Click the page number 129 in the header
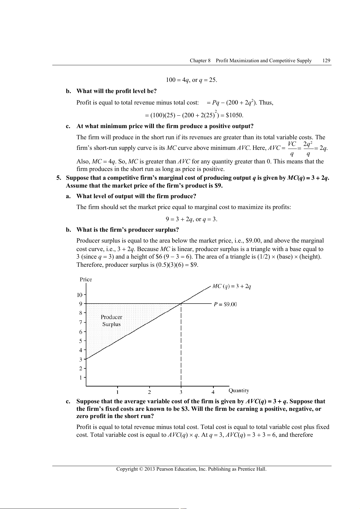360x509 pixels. (326, 60)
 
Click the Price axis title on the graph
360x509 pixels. (86, 279)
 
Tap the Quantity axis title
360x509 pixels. (238, 391)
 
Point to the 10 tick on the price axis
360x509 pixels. (79, 295)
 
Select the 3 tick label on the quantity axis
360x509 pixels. (181, 392)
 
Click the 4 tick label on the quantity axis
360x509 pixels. (213, 392)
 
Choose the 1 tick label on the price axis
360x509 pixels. (81, 378)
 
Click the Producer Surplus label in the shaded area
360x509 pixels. (111, 321)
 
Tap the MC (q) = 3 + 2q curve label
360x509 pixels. (232, 286)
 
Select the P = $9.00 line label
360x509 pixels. (225, 304)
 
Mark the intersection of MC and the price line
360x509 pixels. (181, 303)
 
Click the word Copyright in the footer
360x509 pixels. (127, 469)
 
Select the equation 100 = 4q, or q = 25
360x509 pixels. (191, 80)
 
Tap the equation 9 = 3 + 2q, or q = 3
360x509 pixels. (191, 219)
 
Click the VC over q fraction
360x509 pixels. (292, 149)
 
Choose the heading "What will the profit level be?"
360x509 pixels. (116, 91)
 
